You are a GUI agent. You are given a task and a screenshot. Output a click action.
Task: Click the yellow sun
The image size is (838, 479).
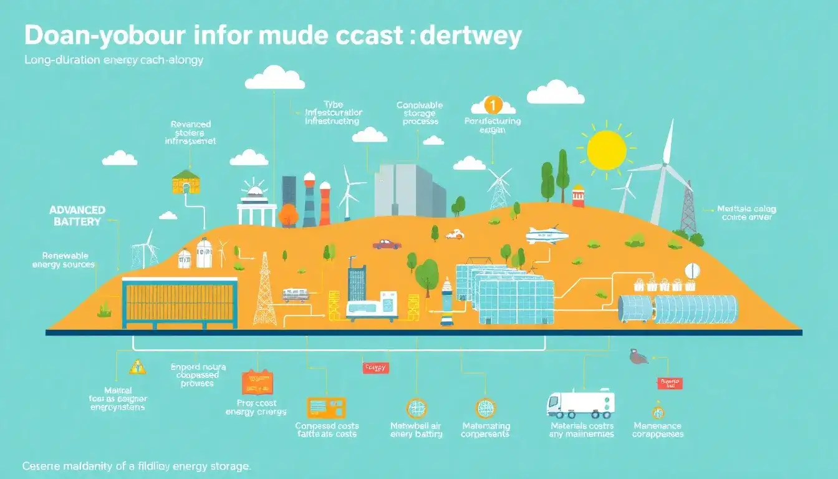pyautogui.click(x=606, y=150)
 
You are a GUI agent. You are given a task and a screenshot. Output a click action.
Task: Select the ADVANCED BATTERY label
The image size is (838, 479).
pyautogui.click(x=77, y=216)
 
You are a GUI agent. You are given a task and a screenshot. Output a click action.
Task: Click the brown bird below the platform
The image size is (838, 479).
pyautogui.click(x=637, y=357)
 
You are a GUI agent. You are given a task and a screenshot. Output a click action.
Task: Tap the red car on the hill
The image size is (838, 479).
pyautogui.click(x=387, y=244)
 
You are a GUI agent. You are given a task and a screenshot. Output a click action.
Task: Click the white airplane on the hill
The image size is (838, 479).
pyautogui.click(x=547, y=235)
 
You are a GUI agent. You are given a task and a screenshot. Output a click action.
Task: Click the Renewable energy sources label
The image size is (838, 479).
pyautogui.click(x=64, y=260)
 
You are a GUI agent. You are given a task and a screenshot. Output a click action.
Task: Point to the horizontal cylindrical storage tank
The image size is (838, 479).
pyautogui.click(x=678, y=309)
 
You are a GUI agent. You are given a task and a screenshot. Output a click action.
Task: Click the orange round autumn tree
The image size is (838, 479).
pyautogui.click(x=288, y=215)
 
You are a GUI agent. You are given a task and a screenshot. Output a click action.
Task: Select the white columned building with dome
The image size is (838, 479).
pyautogui.click(x=257, y=205)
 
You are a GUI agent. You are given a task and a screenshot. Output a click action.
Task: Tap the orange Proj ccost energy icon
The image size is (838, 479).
pyautogui.click(x=257, y=382)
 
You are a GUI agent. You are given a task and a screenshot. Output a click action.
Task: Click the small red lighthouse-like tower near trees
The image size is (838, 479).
pyautogui.click(x=578, y=195)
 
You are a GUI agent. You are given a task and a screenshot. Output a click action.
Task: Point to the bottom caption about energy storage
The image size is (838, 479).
pyautogui.click(x=136, y=466)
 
